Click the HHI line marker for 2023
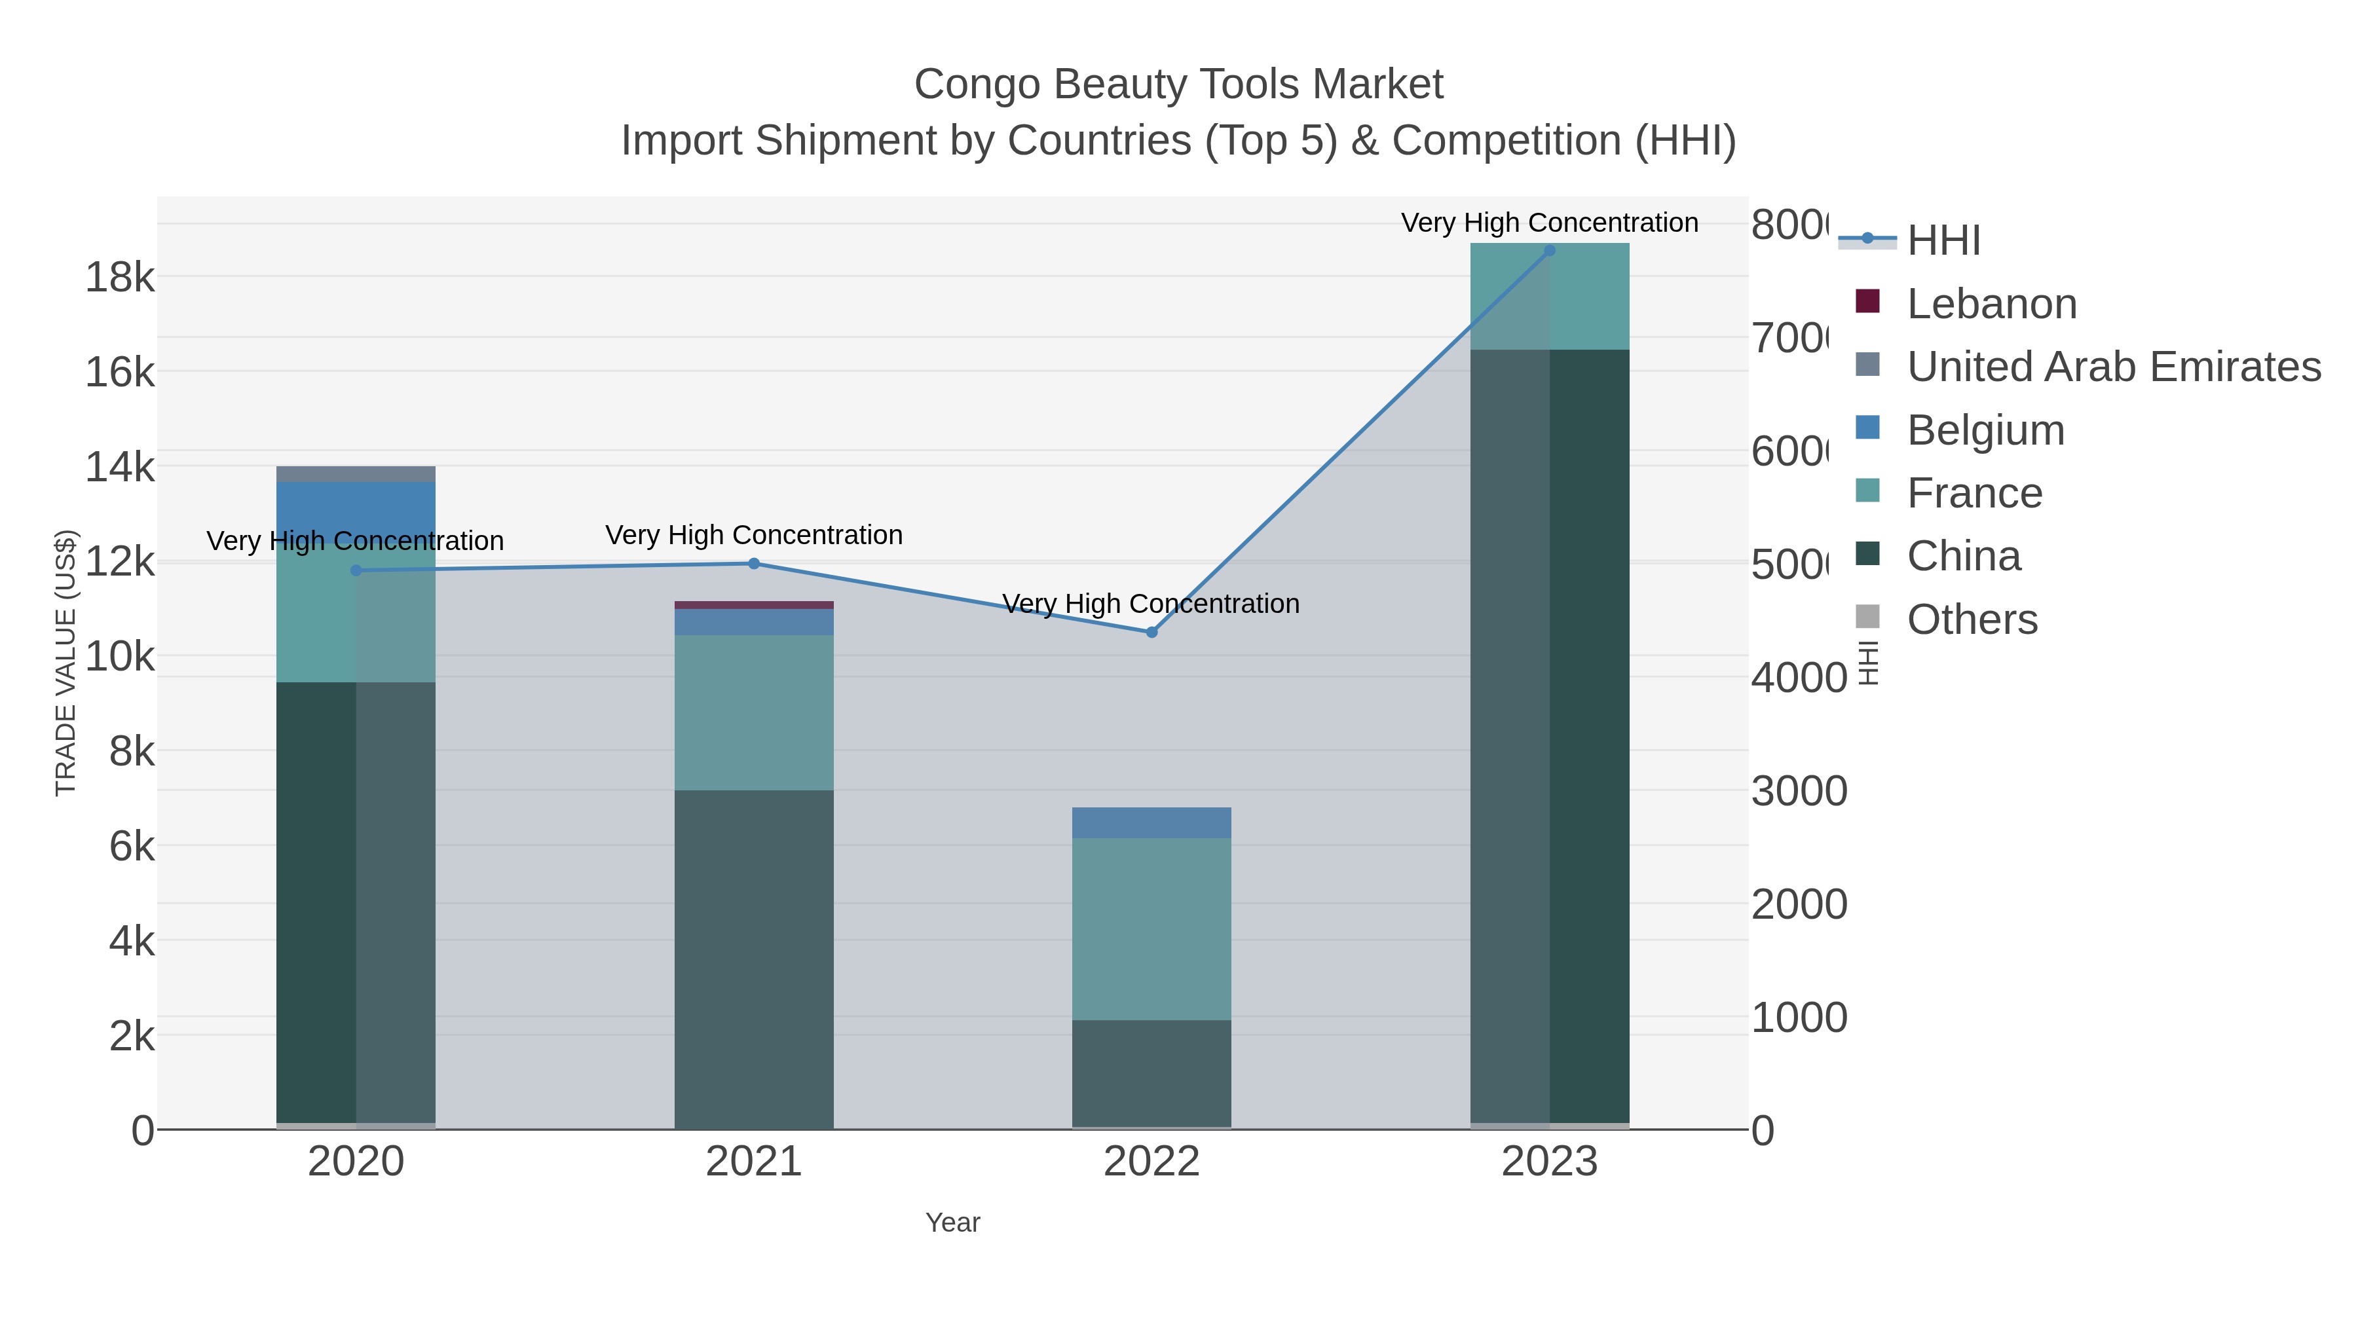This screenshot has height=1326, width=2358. tap(1549, 251)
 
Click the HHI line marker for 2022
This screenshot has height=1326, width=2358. tap(1151, 633)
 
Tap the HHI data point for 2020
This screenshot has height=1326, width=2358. tap(356, 571)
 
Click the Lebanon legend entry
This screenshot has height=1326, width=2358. tap(1991, 304)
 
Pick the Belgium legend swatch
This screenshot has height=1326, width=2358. tap(1867, 428)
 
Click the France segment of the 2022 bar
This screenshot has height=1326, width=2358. tap(1151, 929)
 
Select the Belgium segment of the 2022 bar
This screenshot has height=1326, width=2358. tap(1151, 822)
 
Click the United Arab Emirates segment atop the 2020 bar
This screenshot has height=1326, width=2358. tap(356, 474)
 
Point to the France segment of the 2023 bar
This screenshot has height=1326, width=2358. tap(1549, 297)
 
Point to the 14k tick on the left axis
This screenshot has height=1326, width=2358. tap(120, 468)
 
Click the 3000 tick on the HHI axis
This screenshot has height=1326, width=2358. tap(1799, 792)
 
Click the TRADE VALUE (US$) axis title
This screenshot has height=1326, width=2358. tap(66, 663)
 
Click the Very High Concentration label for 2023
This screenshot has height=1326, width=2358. tap(1549, 223)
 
